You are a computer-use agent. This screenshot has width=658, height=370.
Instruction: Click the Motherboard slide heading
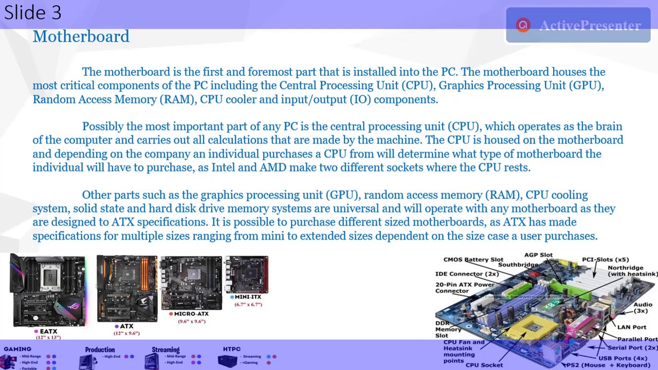pyautogui.click(x=81, y=36)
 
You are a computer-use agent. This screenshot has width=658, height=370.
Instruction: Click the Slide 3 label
pyautogui.click(x=33, y=12)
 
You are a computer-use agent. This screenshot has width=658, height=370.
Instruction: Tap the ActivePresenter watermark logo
pyautogui.click(x=523, y=25)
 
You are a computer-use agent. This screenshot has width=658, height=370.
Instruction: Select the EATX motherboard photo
pyautogui.click(x=48, y=291)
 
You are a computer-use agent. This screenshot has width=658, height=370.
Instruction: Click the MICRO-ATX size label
pyautogui.click(x=191, y=314)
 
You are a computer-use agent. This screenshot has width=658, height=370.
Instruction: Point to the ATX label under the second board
pyautogui.click(x=126, y=326)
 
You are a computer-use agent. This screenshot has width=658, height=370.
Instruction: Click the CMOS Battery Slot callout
pyautogui.click(x=473, y=260)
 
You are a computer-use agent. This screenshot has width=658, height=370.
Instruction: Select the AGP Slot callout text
pyautogui.click(x=538, y=255)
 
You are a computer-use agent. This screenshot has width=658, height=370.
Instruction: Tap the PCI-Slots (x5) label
pyautogui.click(x=605, y=260)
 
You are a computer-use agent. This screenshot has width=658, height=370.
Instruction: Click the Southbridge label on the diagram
pyautogui.click(x=518, y=265)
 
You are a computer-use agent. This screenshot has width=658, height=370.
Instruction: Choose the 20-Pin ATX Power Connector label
pyautogui.click(x=465, y=287)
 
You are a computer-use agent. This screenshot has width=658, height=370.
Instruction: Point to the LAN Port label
pyautogui.click(x=631, y=327)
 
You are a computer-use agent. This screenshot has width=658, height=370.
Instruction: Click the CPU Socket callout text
pyautogui.click(x=484, y=365)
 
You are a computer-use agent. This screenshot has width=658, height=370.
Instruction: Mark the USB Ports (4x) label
pyautogui.click(x=623, y=358)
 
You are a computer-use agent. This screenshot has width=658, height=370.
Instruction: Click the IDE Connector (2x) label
pyautogui.click(x=467, y=274)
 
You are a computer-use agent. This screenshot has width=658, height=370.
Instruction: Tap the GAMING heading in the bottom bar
pyautogui.click(x=17, y=349)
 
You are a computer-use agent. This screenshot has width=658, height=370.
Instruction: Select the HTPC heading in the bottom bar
pyautogui.click(x=232, y=349)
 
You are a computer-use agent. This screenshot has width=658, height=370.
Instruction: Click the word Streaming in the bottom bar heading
pyautogui.click(x=166, y=350)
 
